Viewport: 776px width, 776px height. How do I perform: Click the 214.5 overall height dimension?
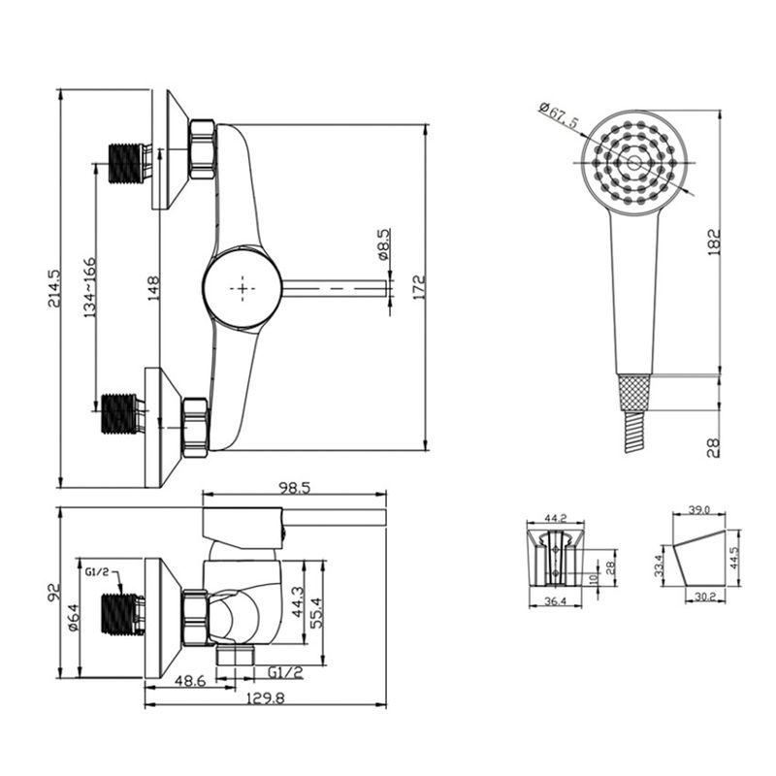pyautogui.click(x=54, y=288)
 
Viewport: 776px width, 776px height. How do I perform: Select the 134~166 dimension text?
pyautogui.click(x=89, y=287)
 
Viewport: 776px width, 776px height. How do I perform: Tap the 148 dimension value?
pyautogui.click(x=153, y=288)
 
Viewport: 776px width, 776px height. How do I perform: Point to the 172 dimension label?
pyautogui.click(x=419, y=287)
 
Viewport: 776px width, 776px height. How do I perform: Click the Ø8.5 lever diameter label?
pyautogui.click(x=383, y=244)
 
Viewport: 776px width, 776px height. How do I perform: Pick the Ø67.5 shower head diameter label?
pyautogui.click(x=559, y=115)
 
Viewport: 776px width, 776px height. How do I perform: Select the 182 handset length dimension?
pyautogui.click(x=714, y=242)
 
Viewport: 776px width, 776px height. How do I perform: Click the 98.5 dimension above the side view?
pyautogui.click(x=294, y=489)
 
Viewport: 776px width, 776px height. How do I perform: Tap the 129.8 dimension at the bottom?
pyautogui.click(x=267, y=698)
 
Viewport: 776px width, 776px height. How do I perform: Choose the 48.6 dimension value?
pyautogui.click(x=190, y=681)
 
